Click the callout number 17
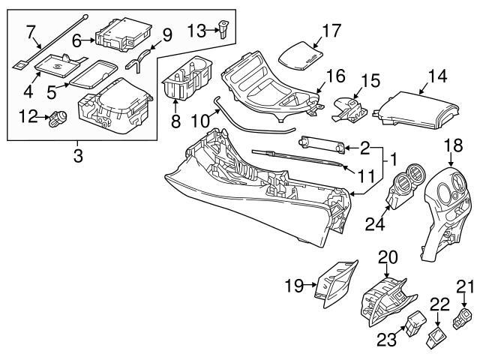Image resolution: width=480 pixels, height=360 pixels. [331, 32]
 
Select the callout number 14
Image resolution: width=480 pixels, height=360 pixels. [436, 76]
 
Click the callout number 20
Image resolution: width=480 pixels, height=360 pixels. [387, 257]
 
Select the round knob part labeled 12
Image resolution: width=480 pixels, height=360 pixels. [57, 118]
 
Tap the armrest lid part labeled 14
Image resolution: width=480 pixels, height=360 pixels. [417, 109]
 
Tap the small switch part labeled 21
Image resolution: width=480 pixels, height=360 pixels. [466, 319]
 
